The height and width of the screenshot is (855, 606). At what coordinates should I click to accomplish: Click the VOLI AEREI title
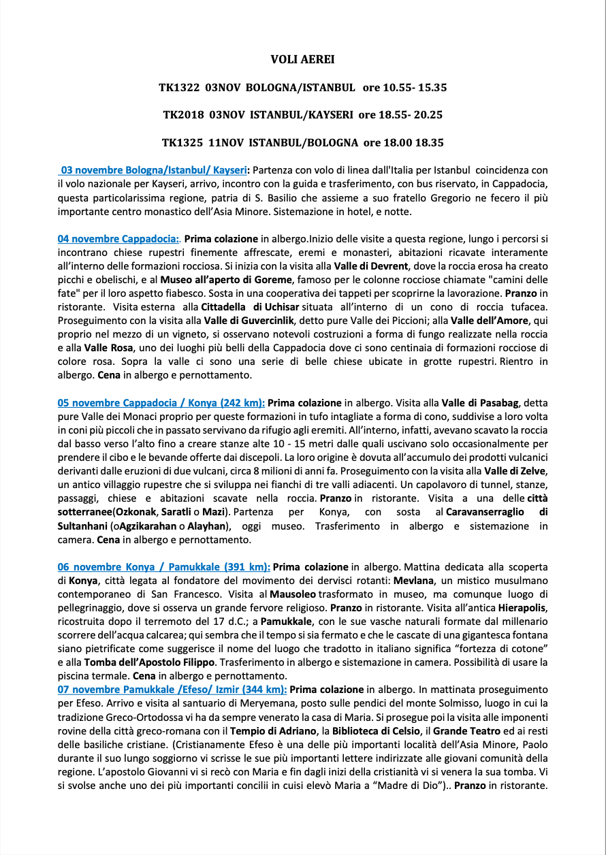pos(302,60)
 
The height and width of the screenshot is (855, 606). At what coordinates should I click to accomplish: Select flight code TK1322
pos(179,88)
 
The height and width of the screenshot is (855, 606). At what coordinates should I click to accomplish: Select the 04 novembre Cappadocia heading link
pos(118,240)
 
